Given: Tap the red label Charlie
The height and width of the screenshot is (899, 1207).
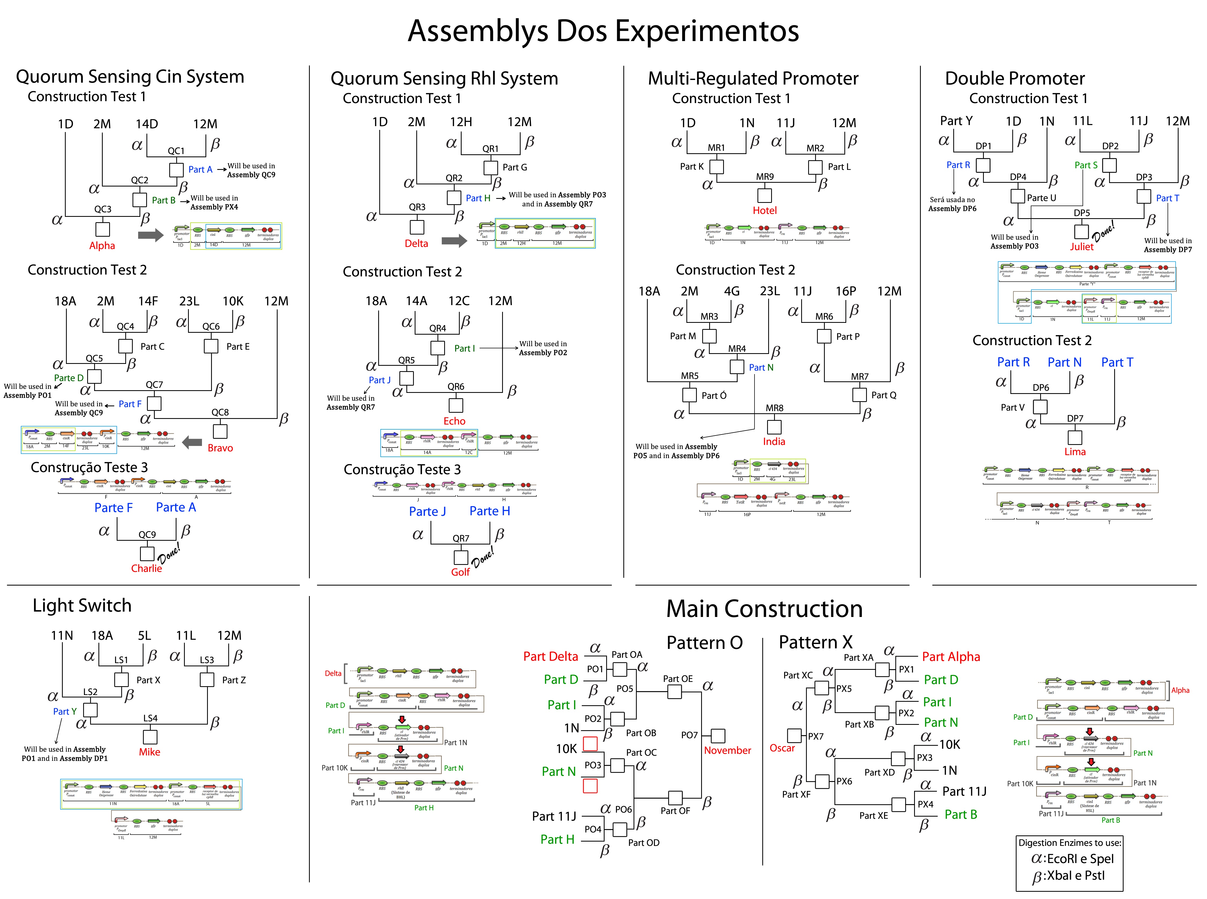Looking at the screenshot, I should click(x=146, y=568).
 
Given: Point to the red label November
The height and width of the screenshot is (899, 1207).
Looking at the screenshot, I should click(x=727, y=750).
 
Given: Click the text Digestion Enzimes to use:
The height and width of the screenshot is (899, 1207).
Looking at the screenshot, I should click(x=1069, y=843).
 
